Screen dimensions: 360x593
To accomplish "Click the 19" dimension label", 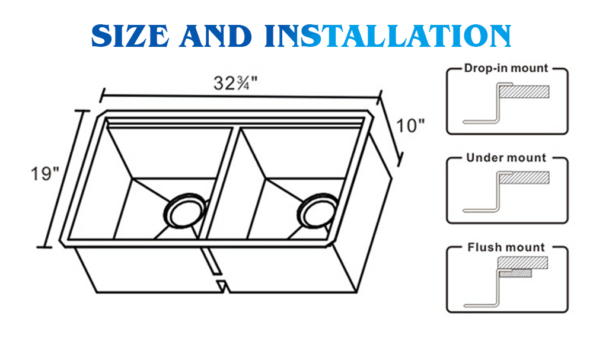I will (45, 174).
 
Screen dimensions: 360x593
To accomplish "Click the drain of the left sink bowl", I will (184, 209).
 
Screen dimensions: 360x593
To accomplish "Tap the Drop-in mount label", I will (506, 68).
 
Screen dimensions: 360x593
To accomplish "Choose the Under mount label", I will (506, 158).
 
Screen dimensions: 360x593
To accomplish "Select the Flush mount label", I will (506, 247).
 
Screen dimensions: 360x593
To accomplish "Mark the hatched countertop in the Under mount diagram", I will (524, 177).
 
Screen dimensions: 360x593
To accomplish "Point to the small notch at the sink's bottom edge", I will (222, 286).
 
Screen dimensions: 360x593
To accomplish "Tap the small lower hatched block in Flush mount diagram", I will (515, 273).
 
